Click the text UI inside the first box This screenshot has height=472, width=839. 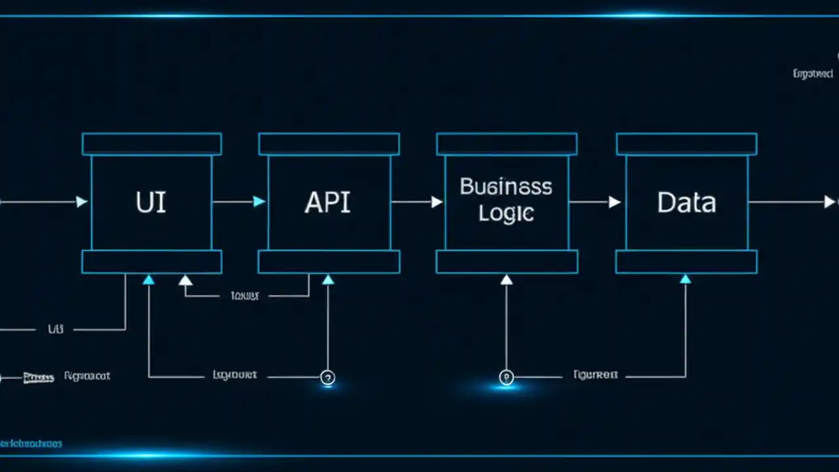point(151,203)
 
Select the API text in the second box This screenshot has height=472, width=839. point(328,203)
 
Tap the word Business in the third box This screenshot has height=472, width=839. point(505,187)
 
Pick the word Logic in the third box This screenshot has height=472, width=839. point(505,213)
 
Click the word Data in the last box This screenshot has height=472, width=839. point(686,203)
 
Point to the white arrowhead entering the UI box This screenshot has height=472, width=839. point(82,202)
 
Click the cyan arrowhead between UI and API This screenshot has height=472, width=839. point(259,202)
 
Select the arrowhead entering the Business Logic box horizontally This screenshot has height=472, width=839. point(437,202)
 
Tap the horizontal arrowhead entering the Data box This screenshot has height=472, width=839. point(614,202)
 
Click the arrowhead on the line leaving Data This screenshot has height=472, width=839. point(829,202)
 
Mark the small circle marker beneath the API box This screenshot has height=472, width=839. point(328,378)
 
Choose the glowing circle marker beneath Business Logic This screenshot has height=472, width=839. point(505,378)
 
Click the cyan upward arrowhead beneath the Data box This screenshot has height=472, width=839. point(685,279)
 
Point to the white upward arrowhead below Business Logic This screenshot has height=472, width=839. point(506,280)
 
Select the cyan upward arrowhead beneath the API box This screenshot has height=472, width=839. point(328,280)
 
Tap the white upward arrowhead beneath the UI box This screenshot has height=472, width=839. point(185,281)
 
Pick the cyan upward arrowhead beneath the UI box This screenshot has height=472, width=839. point(149,280)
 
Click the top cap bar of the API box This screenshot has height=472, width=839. point(328,144)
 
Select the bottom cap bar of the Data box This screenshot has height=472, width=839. point(686,262)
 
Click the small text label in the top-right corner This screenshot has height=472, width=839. point(813,74)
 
